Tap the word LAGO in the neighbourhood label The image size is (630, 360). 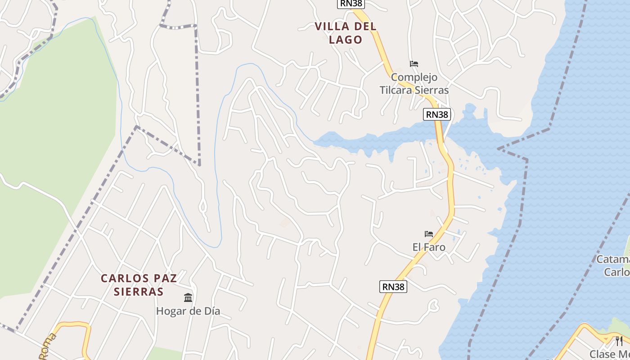346,40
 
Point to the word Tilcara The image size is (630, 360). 398,90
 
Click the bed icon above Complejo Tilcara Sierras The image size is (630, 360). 414,64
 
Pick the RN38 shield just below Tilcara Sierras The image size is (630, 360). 437,114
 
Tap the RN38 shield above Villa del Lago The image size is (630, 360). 351,4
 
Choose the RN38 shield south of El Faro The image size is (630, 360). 393,286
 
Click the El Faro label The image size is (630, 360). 429,247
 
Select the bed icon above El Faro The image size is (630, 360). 429,234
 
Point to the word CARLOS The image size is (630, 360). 120,278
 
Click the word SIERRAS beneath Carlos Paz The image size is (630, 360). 138,292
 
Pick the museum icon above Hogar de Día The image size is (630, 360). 188,297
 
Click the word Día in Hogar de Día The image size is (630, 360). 210,311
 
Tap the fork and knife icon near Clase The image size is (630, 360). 619,341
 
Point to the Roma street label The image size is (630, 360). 48,346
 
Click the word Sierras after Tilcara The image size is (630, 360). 434,90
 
